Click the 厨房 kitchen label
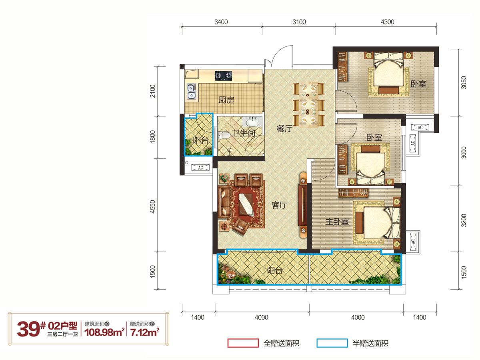click(226, 100)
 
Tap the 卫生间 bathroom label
click(244, 133)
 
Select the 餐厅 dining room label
click(284, 128)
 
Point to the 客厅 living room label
click(279, 205)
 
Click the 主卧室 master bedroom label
click(337, 222)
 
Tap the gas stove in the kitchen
click(223, 76)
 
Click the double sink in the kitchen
click(191, 92)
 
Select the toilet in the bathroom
click(224, 135)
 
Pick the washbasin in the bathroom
click(252, 122)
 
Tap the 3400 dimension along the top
click(221, 22)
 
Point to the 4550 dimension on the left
click(153, 207)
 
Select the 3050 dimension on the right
click(464, 83)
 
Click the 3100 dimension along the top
click(299, 22)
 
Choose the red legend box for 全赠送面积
click(243, 343)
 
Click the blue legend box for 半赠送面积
click(332, 343)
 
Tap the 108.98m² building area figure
click(104, 332)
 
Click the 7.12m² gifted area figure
click(144, 332)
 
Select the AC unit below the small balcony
click(200, 168)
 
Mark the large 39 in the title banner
click(28, 329)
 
